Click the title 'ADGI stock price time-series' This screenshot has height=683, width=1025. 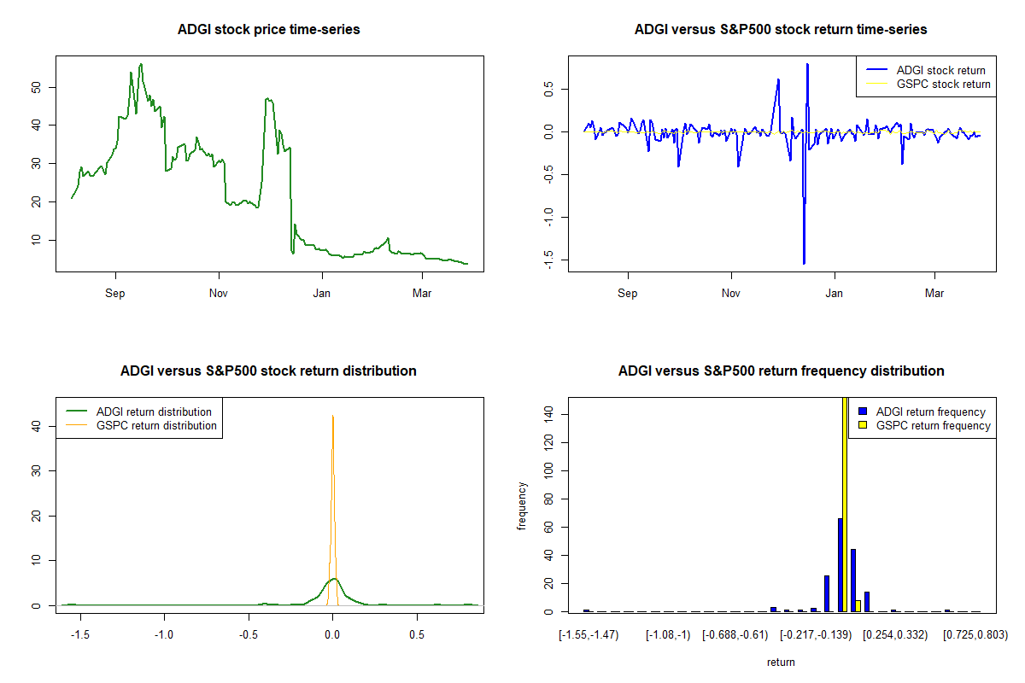pyautogui.click(x=269, y=30)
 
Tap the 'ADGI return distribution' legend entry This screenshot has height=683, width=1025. pyautogui.click(x=154, y=412)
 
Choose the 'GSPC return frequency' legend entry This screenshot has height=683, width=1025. pyautogui.click(x=934, y=425)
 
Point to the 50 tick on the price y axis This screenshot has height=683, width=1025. pyautogui.click(x=35, y=87)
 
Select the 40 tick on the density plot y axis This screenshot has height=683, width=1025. pyautogui.click(x=35, y=425)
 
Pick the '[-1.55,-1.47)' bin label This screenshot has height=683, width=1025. pyautogui.click(x=589, y=635)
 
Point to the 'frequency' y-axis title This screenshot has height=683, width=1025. pyautogui.click(x=523, y=506)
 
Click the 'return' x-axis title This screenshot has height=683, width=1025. pyautogui.click(x=781, y=662)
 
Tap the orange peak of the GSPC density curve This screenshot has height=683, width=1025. pyautogui.click(x=333, y=417)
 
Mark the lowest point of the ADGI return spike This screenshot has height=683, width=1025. pyautogui.click(x=804, y=263)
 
